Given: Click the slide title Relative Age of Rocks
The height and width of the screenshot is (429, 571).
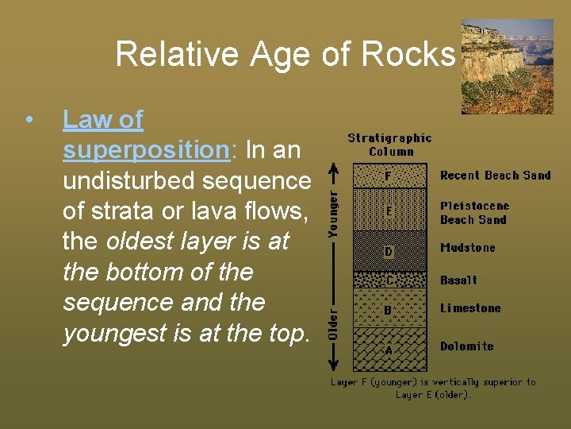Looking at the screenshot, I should point(285,54).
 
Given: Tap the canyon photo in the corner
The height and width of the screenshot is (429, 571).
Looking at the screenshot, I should point(508,67).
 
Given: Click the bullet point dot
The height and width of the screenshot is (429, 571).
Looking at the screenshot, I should point(29,121).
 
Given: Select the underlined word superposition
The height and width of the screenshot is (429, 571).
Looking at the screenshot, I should point(145,150).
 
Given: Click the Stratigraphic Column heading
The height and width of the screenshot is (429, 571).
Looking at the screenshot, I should point(390,145).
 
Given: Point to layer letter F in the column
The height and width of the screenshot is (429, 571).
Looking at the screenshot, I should point(388,176).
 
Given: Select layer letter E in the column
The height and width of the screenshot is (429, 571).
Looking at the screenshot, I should point(388,211).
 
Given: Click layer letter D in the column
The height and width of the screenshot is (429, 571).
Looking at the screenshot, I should point(388,252).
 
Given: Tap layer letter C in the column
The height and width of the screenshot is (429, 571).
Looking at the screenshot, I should point(388,280).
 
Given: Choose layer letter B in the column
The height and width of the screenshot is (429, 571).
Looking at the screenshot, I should point(388,309).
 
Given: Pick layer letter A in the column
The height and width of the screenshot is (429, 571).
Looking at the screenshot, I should point(388,349).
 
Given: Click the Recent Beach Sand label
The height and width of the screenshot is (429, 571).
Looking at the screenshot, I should point(495,176).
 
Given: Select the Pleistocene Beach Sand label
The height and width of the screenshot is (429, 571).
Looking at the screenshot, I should point(474,213).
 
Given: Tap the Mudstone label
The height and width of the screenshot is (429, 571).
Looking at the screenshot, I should point(467,248).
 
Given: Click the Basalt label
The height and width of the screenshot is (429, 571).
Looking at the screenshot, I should point(458,280).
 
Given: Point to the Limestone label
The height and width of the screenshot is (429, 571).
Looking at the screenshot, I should point(470,308).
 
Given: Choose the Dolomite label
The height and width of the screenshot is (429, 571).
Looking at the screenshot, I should point(466,346).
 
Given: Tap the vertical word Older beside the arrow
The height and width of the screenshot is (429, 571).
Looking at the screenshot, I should point(334,324).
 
